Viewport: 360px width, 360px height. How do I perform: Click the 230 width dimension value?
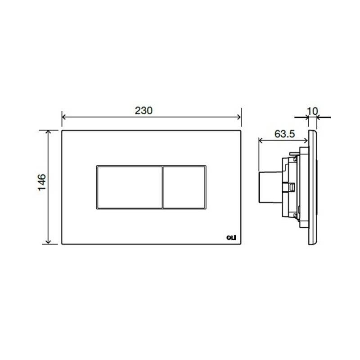(144, 111)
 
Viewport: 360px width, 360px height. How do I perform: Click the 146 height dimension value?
(42, 182)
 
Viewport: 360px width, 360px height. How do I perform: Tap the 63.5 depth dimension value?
(284, 134)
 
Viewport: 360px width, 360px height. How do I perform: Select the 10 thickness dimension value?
(312, 111)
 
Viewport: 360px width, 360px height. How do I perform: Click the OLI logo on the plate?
(231, 238)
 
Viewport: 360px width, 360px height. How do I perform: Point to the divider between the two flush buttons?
(162, 187)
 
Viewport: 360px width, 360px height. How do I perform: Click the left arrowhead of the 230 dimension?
(64, 117)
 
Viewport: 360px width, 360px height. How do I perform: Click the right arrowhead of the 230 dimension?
(239, 117)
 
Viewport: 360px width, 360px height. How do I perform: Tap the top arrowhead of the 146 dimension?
(48, 132)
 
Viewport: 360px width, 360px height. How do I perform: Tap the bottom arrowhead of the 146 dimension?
(48, 242)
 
